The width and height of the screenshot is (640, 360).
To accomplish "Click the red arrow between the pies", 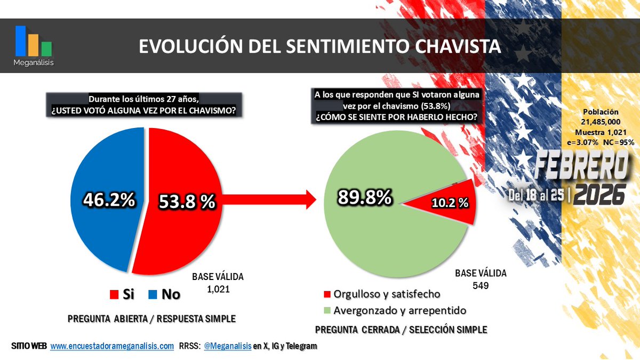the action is pos(269,199).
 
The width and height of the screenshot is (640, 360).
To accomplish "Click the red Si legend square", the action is pos(114,294).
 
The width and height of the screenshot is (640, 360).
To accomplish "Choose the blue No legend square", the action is pos(153,294).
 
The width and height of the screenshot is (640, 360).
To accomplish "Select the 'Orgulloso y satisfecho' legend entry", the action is pos(382,294).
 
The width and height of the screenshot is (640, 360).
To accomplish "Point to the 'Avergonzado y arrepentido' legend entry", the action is pos(395,310).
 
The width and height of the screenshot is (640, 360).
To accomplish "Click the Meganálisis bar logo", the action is pos(34,41).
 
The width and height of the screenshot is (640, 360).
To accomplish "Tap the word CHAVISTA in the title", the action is pos(458,46).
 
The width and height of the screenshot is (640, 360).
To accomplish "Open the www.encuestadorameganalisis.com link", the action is pos(112,346).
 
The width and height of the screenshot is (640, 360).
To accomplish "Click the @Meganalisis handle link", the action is pos(228,346).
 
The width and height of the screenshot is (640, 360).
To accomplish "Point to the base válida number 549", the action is pos(481,285).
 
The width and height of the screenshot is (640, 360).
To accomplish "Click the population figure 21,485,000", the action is pos(601,122).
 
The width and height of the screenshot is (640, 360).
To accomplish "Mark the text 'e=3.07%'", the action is pos(582,142).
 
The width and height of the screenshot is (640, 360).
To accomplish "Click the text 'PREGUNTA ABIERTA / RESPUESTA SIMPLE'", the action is pos(151,319).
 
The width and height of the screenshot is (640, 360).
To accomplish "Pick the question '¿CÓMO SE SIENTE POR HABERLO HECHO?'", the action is pos(397,117).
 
